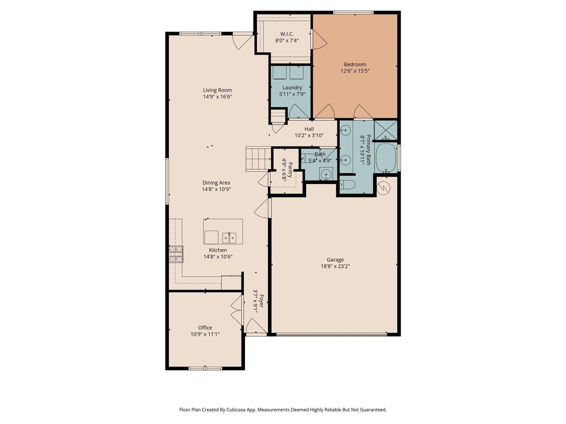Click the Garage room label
335,260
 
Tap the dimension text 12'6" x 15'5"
355,71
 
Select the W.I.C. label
287,34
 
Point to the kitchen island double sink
229,238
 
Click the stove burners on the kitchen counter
176,254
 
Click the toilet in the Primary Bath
347,185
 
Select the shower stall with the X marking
386,130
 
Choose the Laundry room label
292,88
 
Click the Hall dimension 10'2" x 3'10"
309,136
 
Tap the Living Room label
218,90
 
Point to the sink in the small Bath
326,174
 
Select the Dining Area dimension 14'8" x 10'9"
216,189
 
